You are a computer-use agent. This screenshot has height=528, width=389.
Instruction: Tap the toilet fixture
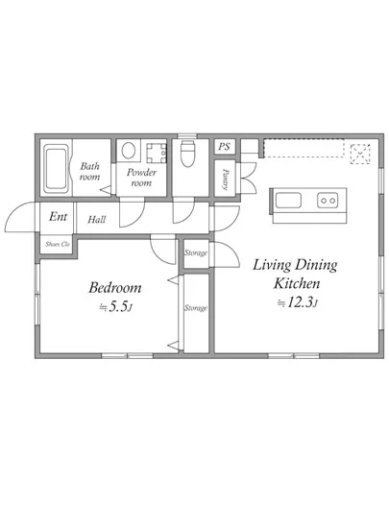pos(187,154)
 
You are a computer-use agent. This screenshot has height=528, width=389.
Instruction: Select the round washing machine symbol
pos(129,150)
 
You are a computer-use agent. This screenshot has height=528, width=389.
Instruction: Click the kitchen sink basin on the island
pos(288,201)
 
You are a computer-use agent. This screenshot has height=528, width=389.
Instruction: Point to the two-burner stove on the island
pos(328,201)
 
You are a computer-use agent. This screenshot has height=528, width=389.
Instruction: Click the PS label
pos(224,147)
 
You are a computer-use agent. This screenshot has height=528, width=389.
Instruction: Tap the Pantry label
pos(226,179)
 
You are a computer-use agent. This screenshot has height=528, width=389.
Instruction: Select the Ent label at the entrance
pos(58,217)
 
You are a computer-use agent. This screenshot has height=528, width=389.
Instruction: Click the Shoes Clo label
pos(58,244)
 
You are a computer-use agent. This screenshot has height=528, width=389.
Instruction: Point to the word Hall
pos(97,220)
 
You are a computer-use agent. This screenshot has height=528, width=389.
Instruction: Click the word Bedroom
pos(115,288)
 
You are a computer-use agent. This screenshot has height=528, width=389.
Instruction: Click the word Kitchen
pos(297,283)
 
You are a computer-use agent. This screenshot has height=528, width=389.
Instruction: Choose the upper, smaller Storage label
pos(195,252)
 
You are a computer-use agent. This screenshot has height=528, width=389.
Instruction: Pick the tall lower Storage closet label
pos(195,308)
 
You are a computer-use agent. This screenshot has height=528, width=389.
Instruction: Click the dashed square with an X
pos(360,154)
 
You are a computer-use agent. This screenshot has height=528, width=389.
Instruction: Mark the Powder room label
pos(141,178)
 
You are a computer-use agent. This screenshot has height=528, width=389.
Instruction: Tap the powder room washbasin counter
pos(157,154)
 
